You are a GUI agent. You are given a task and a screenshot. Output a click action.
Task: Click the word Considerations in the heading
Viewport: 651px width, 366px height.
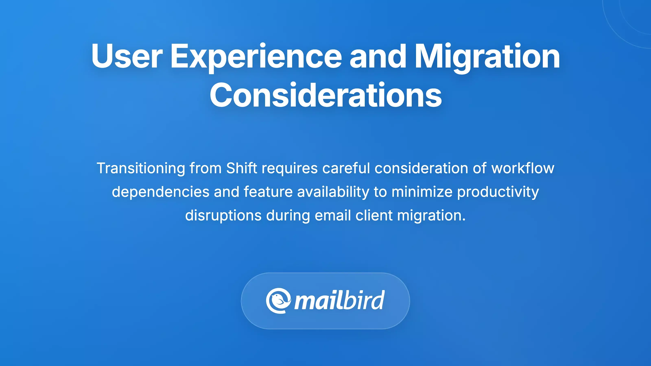pyautogui.click(x=325, y=96)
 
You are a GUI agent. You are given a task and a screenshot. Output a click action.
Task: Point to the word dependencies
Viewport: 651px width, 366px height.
pyautogui.click(x=161, y=192)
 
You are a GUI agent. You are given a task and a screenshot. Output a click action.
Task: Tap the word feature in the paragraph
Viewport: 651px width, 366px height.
pyautogui.click(x=268, y=192)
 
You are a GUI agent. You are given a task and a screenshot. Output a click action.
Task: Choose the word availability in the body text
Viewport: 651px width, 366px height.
pyautogui.click(x=333, y=192)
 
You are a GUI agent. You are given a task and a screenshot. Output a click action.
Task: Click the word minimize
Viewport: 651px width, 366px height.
pyautogui.click(x=422, y=192)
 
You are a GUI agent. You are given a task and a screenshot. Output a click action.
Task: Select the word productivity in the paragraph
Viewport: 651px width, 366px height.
pyautogui.click(x=498, y=192)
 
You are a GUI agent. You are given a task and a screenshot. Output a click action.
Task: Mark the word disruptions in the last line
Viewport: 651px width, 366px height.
pyautogui.click(x=223, y=216)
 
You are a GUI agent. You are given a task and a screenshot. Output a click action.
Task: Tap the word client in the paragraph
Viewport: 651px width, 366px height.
pyautogui.click(x=374, y=216)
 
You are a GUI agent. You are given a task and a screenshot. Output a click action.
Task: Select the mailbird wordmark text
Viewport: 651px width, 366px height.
pyautogui.click(x=339, y=301)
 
